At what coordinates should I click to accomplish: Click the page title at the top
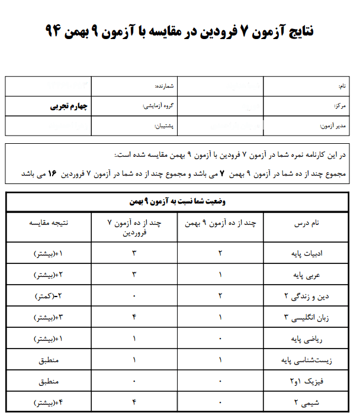tap(179, 31)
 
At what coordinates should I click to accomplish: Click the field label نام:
tap(342, 86)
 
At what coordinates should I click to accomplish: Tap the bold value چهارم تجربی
tap(69, 107)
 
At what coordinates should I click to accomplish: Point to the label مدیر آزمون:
tap(335, 126)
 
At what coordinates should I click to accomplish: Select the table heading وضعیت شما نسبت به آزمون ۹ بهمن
tap(179, 201)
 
